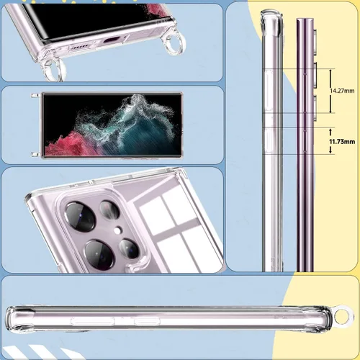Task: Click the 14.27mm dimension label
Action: pos(342,91)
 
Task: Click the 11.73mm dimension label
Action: pos(342,142)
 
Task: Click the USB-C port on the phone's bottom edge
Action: pos(112,40)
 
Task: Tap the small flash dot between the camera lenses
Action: pos(117,230)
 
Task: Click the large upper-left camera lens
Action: pos(81,217)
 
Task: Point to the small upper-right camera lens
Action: pos(109,210)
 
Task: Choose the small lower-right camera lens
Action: pos(130,248)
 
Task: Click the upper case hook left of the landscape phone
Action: pos(35,95)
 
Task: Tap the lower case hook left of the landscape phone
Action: pos(35,154)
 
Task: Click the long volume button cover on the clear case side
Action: pos(269,91)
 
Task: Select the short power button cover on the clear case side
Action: pos(269,140)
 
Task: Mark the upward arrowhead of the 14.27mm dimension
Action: pos(330,71)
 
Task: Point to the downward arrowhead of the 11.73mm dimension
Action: pos(330,151)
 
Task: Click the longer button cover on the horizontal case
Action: pos(92,321)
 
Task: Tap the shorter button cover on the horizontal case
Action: pos(147,321)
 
